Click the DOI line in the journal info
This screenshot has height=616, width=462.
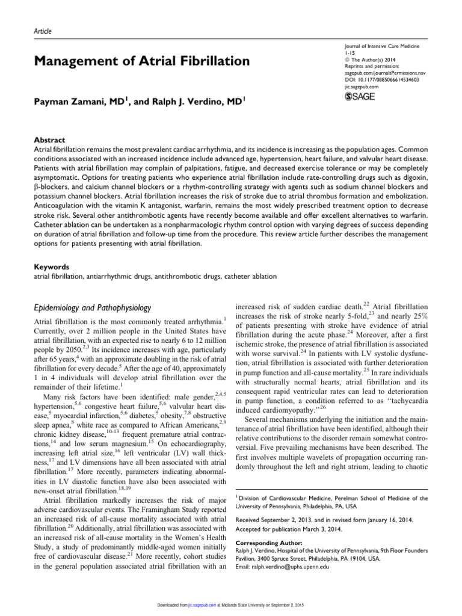click(x=375, y=79)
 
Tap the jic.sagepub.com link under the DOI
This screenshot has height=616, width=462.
click(x=353, y=87)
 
